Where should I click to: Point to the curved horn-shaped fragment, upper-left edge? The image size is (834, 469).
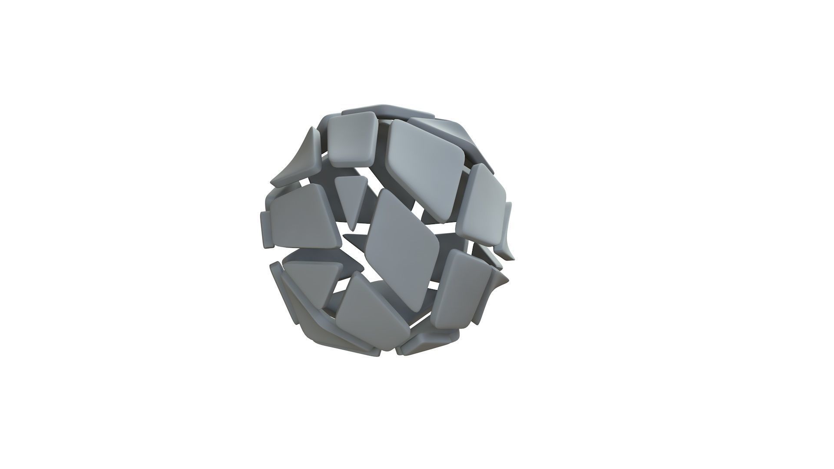(300, 161)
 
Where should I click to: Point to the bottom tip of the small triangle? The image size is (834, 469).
(353, 229)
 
